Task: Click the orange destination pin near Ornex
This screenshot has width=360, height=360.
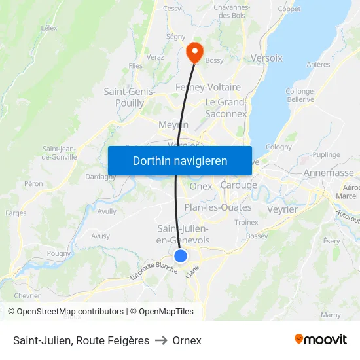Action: click(194, 52)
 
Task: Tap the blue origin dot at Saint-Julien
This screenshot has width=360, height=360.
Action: click(181, 256)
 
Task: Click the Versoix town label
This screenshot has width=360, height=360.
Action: click(266, 58)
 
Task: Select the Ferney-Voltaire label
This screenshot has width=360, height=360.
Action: click(208, 87)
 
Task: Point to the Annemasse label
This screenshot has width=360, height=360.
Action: click(329, 173)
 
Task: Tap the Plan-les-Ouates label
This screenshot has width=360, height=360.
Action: click(217, 207)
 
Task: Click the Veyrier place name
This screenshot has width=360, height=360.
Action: click(282, 209)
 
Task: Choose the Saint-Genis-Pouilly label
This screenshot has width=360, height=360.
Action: click(130, 98)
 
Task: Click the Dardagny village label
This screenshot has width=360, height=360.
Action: click(101, 177)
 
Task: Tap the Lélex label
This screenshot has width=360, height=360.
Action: click(49, 28)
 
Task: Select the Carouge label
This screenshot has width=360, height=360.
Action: click(238, 185)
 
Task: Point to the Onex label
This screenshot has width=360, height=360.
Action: click(201, 186)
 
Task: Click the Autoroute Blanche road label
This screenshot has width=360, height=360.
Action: click(153, 268)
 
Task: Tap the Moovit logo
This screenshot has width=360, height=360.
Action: click(321, 339)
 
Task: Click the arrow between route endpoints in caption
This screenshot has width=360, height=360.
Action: click(160, 340)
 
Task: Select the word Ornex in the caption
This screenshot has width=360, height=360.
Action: click(187, 340)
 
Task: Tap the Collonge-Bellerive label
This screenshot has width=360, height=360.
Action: click(300, 96)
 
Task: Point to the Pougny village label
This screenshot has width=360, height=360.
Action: click(59, 253)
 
